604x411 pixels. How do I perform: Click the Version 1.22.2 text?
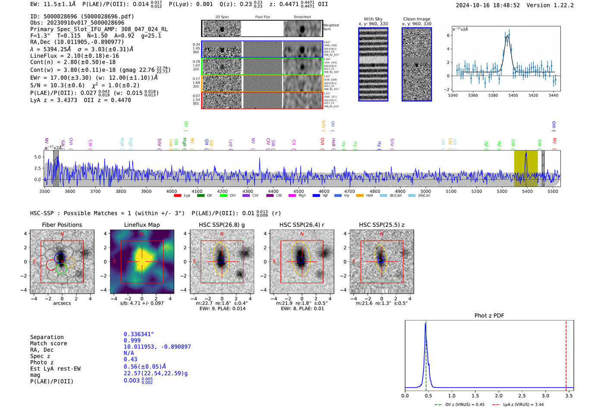coord(556,6)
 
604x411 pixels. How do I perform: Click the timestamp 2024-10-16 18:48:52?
coord(488,6)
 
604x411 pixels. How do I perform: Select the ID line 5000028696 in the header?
coord(82,16)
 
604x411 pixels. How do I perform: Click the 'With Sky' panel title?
coord(373,19)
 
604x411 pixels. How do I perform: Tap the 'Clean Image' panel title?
coord(416,19)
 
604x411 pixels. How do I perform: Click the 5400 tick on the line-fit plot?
coord(513,95)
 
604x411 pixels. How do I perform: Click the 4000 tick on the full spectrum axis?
coord(171,191)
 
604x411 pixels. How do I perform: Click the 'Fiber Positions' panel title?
coord(62,225)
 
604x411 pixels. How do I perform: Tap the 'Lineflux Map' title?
coord(142,225)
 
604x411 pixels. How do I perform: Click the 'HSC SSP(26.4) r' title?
coord(302,225)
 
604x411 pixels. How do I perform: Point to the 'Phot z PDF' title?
coord(489,316)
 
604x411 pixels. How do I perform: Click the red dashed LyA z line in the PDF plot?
coord(566,354)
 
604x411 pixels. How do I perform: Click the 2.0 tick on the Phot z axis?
coord(498,395)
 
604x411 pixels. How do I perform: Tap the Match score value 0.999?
coord(132,341)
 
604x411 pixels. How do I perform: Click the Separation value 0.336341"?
coord(138,334)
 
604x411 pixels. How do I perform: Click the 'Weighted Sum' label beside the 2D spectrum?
coord(331,27)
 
